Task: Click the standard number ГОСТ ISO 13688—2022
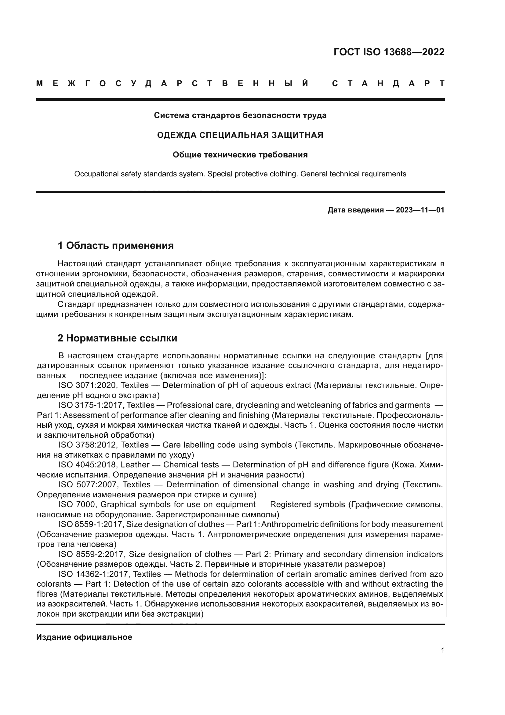[x=389, y=52]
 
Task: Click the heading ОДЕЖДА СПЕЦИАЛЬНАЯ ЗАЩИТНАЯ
[x=240, y=135]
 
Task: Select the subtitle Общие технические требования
[x=240, y=155]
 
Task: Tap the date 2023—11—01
[x=420, y=210]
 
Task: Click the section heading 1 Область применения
[x=116, y=246]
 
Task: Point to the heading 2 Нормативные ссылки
[x=117, y=338]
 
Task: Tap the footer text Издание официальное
[x=84, y=637]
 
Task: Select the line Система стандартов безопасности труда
[x=240, y=116]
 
